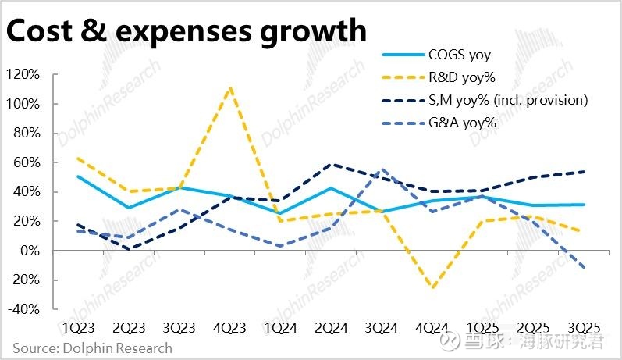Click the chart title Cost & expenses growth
186,30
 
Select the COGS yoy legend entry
461,55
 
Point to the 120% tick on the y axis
23,74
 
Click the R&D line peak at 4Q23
229,87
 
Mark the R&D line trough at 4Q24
432,288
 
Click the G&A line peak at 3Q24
382,169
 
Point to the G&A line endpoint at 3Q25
585,267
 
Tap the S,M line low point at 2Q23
128,249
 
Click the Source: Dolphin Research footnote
92,348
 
